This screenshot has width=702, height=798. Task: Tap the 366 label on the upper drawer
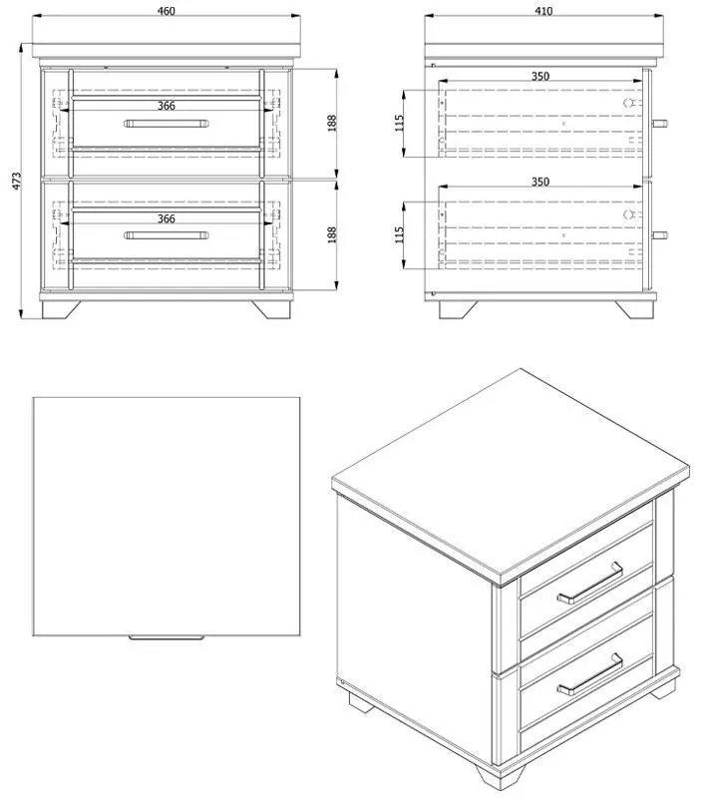pyautogui.click(x=167, y=106)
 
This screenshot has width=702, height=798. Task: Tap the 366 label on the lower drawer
pyautogui.click(x=167, y=218)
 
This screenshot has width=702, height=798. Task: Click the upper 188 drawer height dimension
pyautogui.click(x=332, y=123)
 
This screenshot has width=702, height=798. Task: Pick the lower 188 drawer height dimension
pyautogui.click(x=332, y=234)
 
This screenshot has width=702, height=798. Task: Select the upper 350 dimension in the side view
pyautogui.click(x=539, y=76)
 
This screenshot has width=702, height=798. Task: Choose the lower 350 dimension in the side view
pyautogui.click(x=539, y=183)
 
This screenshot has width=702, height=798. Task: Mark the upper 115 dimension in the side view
pyautogui.click(x=399, y=123)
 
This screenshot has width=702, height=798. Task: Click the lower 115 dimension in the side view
pyautogui.click(x=399, y=234)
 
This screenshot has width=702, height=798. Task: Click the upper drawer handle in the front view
pyautogui.click(x=167, y=124)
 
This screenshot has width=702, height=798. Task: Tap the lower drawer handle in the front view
pyautogui.click(x=167, y=236)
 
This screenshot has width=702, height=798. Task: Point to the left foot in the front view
pyautogui.click(x=61, y=308)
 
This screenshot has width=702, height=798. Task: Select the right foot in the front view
pyautogui.click(x=271, y=308)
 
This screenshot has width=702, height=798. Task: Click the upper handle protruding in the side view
pyautogui.click(x=660, y=124)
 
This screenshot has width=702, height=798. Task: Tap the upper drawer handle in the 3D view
pyautogui.click(x=590, y=584)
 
